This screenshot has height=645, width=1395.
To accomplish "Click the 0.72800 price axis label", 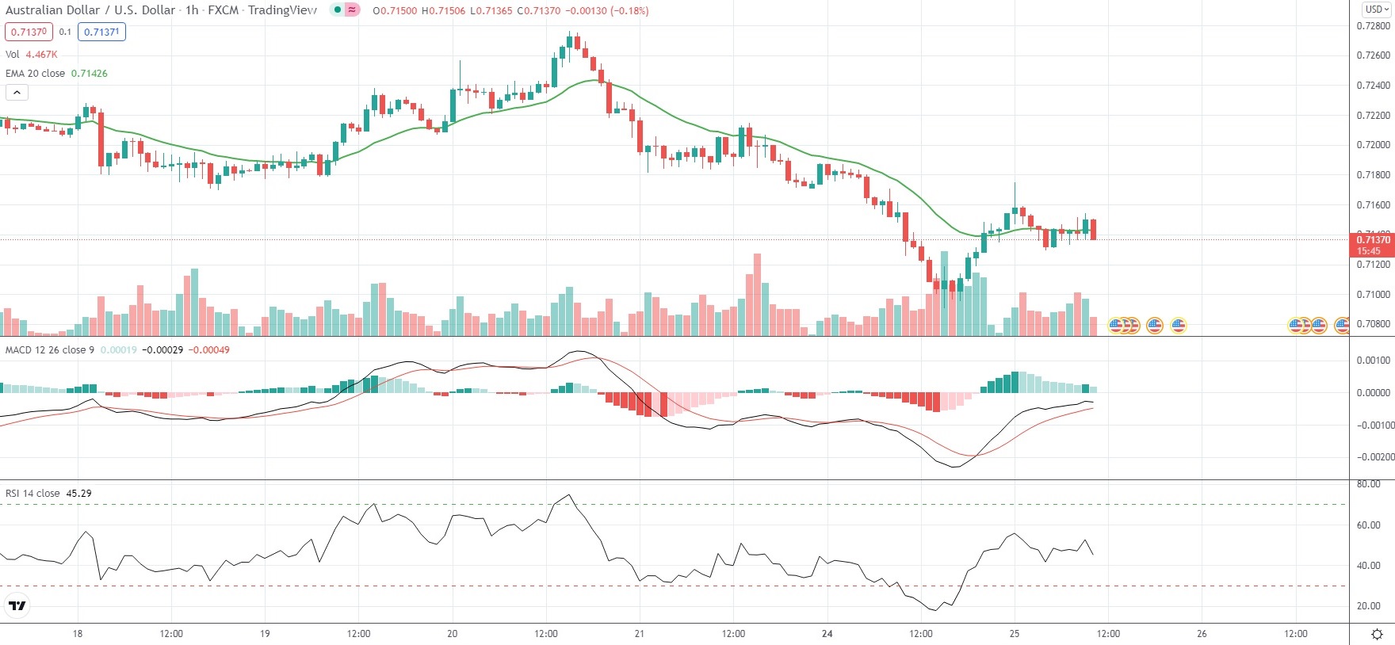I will pos(1373,25).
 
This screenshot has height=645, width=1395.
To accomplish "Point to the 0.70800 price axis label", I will pos(1373,323).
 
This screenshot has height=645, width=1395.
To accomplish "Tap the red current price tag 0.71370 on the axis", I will pos(1372,240).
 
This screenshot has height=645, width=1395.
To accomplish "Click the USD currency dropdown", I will pos(1377,10).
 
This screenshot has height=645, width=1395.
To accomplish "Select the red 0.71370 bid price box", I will pos(29,32).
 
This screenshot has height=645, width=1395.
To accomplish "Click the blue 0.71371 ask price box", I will pos(101,32).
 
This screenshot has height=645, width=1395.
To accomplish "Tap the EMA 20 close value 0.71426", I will pos(89,73).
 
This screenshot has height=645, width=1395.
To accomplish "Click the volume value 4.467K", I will pos(41,55).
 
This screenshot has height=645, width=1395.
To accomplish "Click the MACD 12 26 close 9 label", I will pos(50,349).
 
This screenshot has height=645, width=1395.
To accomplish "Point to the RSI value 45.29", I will pos(78,493).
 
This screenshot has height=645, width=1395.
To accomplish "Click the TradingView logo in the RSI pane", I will pos(17,606).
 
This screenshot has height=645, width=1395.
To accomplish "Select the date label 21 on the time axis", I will pos(640,633).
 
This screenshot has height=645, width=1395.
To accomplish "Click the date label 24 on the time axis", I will pos(827,633).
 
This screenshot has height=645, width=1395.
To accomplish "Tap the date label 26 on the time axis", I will pos(1202,633).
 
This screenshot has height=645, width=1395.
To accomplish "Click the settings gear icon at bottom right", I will pos(1377,634).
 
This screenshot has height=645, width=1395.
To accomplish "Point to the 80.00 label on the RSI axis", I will pos(1369,484).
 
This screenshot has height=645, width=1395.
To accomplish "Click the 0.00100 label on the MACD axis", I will pos(1373,360).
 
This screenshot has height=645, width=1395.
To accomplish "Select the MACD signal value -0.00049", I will pos(208,349).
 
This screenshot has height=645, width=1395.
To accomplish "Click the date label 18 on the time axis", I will pos(77,633).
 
